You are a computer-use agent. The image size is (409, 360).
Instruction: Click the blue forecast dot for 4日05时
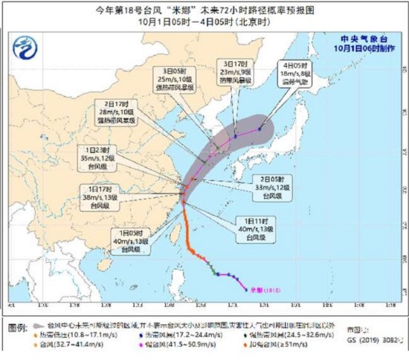coord(260,128)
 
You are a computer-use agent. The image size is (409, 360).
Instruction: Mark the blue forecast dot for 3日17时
coord(235,137)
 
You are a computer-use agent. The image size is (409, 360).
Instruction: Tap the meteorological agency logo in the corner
coord(28,50)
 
